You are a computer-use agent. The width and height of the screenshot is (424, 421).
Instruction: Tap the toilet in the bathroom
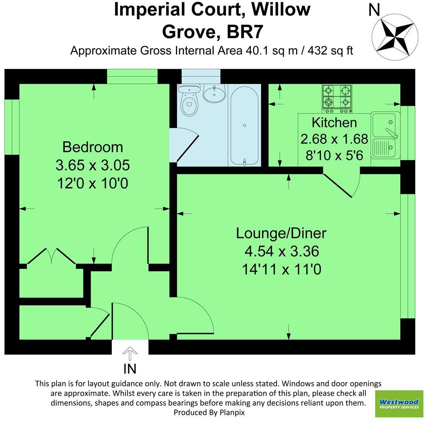[x=189, y=102]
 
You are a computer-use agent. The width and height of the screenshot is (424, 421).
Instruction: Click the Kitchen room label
[x=334, y=122]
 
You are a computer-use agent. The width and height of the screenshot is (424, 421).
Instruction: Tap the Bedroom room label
[x=93, y=147]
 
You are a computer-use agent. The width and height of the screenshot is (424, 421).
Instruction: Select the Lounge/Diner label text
[x=281, y=233]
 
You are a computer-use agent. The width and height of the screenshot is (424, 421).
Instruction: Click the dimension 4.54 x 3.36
[x=281, y=252]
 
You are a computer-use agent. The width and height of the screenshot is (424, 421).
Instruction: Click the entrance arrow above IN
[x=129, y=355]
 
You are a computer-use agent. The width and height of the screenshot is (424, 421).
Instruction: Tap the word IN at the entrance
[x=129, y=368]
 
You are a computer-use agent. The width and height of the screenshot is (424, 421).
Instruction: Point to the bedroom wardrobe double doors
[x=51, y=257]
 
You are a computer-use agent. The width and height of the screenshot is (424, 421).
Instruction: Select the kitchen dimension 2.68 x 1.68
[x=334, y=139]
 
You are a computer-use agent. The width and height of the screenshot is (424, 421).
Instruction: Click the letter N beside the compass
[x=374, y=10]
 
